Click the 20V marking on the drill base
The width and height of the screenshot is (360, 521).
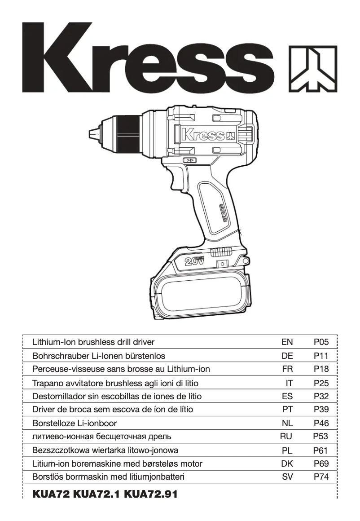[194, 261]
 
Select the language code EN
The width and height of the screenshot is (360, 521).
[287, 342]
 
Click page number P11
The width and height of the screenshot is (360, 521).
[321, 356]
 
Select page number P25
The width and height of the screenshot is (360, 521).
[321, 383]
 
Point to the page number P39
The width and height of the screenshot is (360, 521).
[321, 409]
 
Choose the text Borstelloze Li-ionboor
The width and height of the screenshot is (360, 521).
[75, 423]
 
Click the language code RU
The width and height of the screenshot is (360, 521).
[286, 436]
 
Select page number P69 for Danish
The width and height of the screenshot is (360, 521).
[321, 464]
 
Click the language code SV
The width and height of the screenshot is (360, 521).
[287, 477]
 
